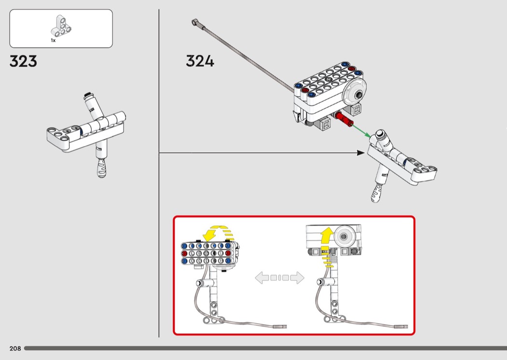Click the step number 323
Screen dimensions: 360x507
23,62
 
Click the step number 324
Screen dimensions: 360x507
200,61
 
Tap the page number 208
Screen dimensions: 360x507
15,348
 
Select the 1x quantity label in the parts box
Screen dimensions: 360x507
53,41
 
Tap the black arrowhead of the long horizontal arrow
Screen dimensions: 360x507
360,153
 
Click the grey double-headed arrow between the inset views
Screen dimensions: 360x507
280,277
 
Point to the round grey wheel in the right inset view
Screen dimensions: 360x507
344,237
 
